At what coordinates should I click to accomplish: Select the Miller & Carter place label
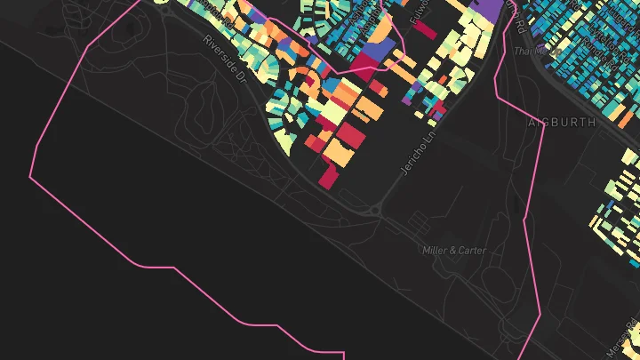(454, 251)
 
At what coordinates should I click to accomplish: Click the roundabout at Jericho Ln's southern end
(376, 211)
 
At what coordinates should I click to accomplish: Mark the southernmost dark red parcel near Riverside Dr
(328, 178)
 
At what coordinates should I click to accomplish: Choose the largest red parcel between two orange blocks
(350, 135)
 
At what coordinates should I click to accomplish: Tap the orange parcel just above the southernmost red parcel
(339, 154)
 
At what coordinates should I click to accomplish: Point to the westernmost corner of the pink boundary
(30, 177)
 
